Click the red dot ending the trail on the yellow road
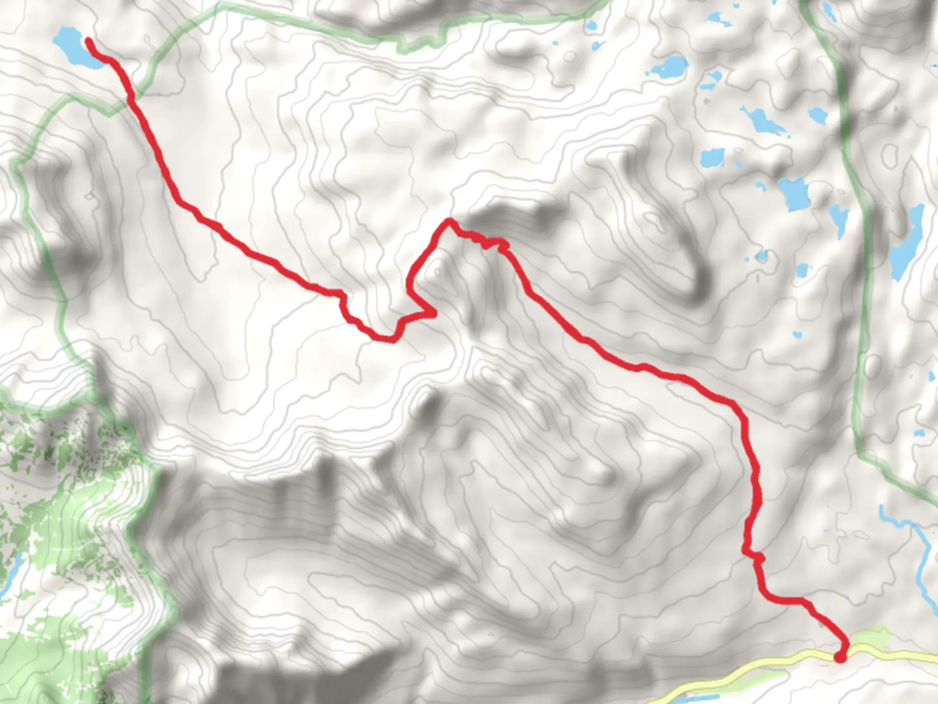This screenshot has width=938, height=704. click(x=840, y=657)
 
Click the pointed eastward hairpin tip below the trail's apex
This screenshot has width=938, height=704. click(x=433, y=314)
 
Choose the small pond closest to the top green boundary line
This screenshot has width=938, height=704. click(x=591, y=27)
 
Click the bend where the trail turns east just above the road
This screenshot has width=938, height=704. click(x=767, y=594)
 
